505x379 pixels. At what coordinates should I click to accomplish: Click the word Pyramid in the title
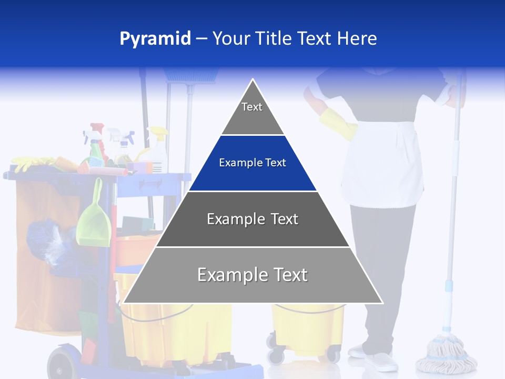(155, 38)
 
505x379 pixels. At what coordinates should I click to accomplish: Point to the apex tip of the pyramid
(253, 81)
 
